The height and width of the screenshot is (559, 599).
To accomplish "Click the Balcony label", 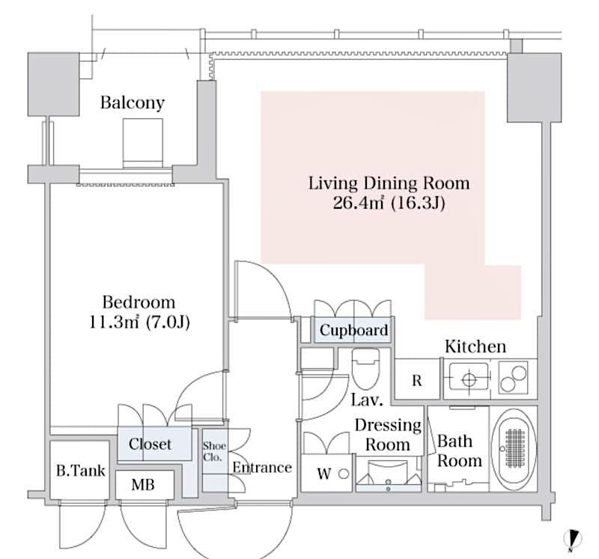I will (133, 103).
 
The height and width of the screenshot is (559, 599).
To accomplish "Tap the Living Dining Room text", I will (389, 183).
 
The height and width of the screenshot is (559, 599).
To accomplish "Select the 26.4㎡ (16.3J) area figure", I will (389, 203).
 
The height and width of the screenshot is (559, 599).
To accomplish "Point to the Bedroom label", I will (139, 302).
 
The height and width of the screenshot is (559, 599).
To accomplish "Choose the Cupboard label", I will (353, 330).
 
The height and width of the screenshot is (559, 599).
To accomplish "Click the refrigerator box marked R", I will (417, 380).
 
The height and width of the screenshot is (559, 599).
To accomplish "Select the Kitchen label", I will (475, 346).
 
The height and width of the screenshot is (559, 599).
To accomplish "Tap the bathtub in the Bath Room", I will (514, 449).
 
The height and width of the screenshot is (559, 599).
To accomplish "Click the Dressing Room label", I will (388, 435).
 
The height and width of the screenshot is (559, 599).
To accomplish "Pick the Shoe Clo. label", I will (214, 451).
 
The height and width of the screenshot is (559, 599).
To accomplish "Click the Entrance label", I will (261, 468).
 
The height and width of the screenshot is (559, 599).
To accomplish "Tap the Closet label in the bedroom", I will (150, 444).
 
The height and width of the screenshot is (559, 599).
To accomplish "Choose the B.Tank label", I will (80, 471).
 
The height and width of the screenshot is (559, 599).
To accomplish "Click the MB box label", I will (143, 485).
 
